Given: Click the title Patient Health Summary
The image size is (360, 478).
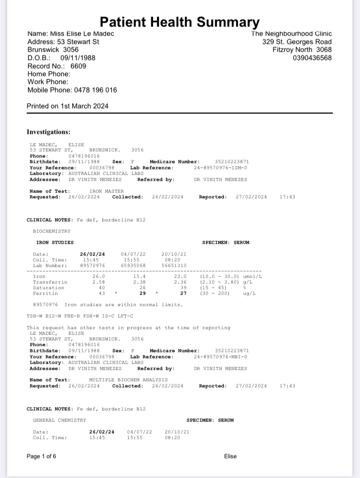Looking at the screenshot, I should (180, 22).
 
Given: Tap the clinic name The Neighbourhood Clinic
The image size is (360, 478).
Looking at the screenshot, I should (291, 33).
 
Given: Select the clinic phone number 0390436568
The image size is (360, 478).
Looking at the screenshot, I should (312, 58).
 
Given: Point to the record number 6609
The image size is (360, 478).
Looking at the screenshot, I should (78, 66).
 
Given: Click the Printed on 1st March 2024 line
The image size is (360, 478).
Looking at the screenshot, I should (68, 106).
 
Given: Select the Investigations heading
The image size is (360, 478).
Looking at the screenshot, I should (49, 132).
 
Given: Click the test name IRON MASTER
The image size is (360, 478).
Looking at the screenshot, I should (107, 191).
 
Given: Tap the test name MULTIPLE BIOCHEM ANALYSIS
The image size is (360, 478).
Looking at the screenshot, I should (128, 380).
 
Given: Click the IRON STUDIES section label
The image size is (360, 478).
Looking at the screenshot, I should (55, 242).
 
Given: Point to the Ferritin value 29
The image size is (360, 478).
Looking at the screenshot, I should (142, 293).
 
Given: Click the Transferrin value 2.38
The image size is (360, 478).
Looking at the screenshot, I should (139, 282).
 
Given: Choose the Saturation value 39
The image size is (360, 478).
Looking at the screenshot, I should (183, 288).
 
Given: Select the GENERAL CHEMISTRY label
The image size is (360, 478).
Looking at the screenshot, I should (60, 420).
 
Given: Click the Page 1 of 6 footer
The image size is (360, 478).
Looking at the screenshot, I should (41, 456).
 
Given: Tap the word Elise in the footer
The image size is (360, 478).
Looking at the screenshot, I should (230, 456).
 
